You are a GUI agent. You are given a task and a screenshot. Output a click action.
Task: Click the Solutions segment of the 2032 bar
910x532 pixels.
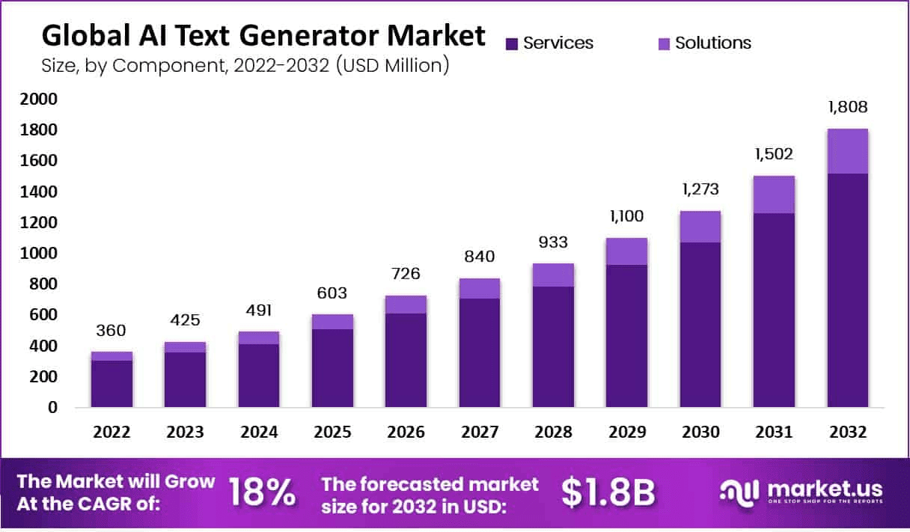pos(847,151)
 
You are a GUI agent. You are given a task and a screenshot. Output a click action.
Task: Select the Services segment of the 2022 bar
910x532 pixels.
pos(112,384)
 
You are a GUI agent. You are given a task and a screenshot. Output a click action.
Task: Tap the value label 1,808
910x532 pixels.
pos(847,108)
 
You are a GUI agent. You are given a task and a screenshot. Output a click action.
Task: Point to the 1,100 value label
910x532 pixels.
pos(626,217)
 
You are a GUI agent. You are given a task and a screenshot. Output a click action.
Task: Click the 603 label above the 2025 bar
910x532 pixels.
pos(332,293)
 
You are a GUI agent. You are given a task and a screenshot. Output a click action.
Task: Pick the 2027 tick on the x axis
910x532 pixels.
pos(480,432)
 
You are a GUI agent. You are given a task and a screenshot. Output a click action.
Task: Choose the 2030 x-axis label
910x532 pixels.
pos(700,432)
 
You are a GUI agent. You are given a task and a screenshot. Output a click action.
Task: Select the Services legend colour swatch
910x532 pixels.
pos(512,43)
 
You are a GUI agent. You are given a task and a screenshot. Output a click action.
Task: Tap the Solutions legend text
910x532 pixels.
pos(713,43)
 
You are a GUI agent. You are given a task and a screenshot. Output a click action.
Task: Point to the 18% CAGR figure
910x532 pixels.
pos(261,492)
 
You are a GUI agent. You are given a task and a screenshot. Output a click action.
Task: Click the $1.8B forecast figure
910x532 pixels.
pos(608,492)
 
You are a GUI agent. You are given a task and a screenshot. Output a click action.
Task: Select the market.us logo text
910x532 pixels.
pos(822,489)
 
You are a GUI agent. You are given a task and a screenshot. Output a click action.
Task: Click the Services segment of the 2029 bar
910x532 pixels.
pos(626,336)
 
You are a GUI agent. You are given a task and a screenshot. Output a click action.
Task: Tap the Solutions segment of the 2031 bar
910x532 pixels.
pos(774,195)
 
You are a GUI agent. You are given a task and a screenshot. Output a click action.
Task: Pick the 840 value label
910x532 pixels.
pos(480,257)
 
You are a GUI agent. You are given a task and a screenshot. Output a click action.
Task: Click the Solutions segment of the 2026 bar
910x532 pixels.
pos(406,305)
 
